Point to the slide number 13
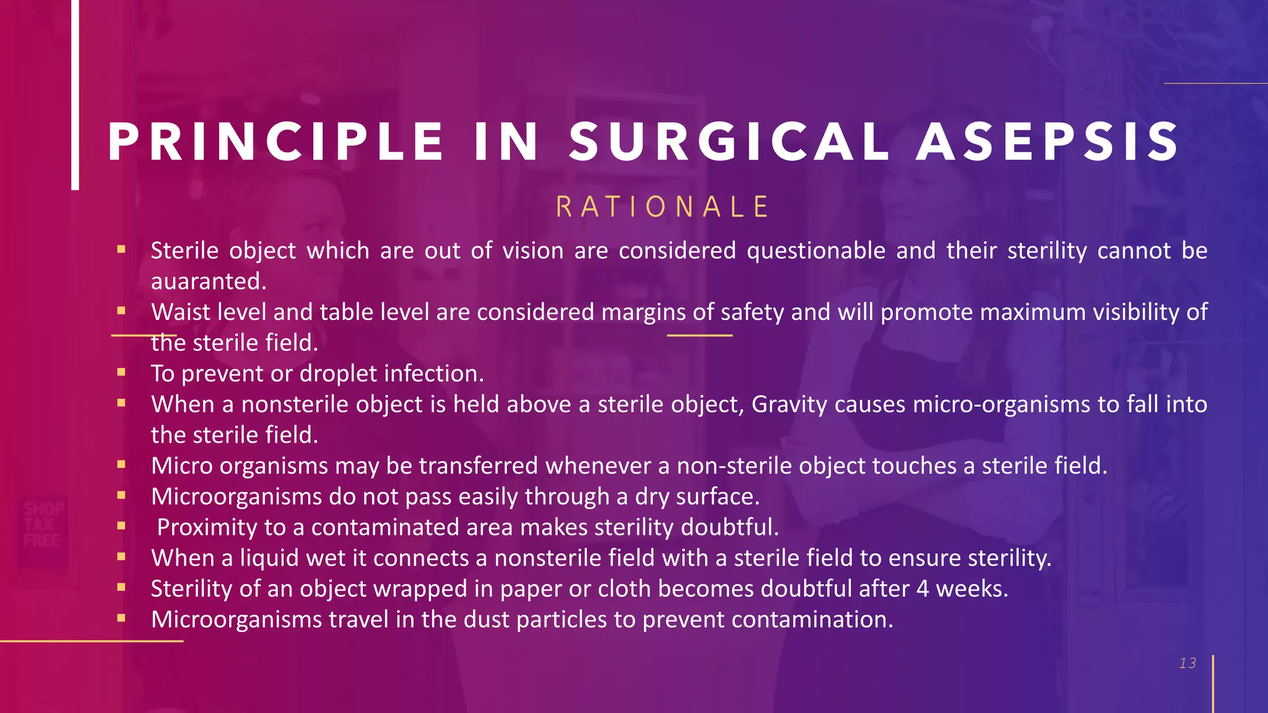tap(1188, 663)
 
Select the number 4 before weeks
tap(923, 589)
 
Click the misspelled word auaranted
tap(209, 282)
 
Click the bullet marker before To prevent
tap(121, 373)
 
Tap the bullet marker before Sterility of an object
tap(121, 587)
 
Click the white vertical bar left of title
tap(75, 93)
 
